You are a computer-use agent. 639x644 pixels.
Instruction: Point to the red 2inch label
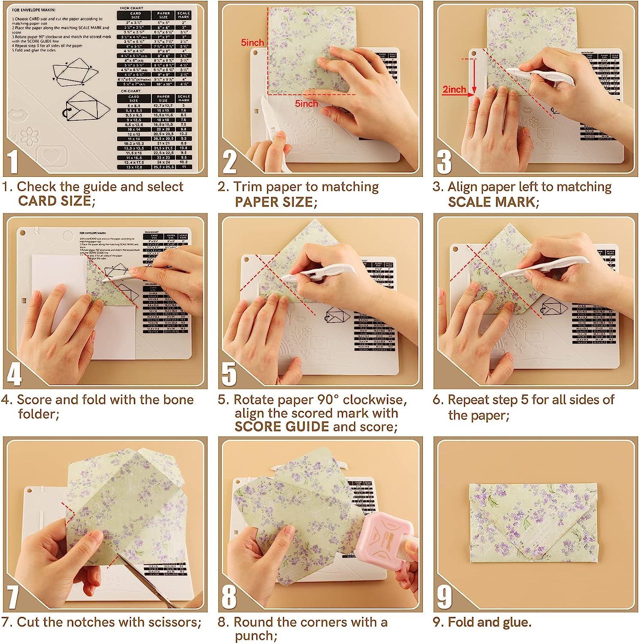tap(454, 89)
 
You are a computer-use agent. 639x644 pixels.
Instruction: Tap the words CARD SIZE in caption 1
tap(55, 201)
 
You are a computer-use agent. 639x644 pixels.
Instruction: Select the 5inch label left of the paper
tap(252, 43)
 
